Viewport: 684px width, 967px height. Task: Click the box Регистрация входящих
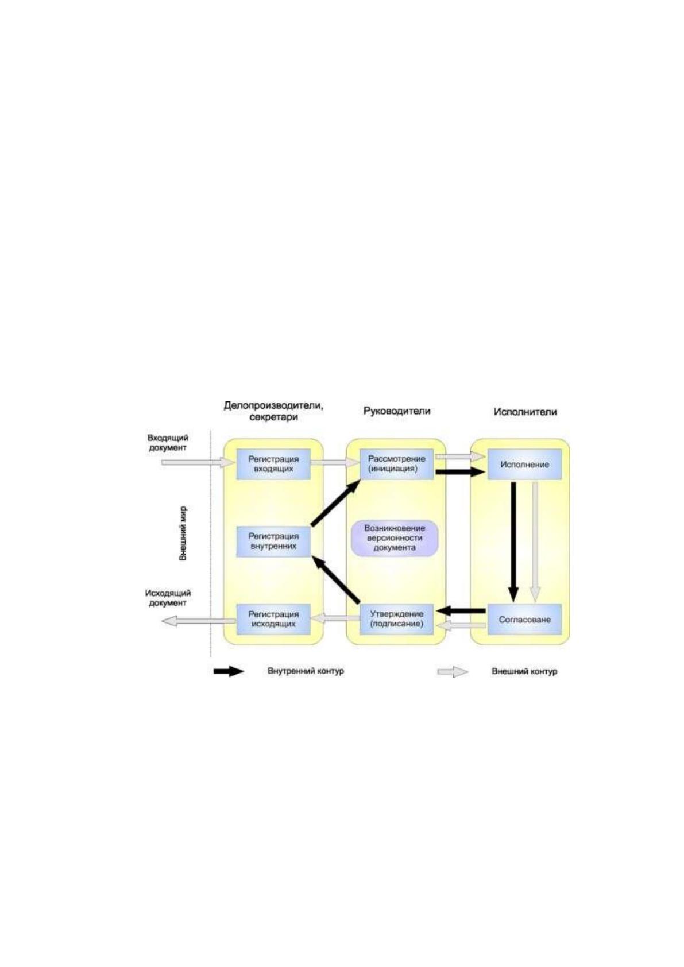(273, 464)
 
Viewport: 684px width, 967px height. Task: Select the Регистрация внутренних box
(273, 541)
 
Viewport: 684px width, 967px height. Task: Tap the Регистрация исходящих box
(273, 619)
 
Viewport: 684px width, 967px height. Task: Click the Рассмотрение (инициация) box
(397, 464)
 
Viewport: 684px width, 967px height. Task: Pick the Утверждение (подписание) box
(397, 619)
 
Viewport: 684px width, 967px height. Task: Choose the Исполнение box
(525, 464)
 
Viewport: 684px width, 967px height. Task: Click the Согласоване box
(525, 619)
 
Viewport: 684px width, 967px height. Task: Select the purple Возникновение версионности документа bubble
(395, 538)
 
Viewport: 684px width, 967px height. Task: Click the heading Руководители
(397, 411)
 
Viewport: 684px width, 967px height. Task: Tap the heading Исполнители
(525, 412)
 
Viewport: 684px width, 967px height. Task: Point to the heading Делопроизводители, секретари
(274, 411)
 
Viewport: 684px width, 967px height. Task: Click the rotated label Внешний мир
(183, 533)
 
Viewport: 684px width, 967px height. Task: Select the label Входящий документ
(168, 443)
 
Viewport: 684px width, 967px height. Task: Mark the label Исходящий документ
(168, 598)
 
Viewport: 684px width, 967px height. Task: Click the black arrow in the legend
(229, 671)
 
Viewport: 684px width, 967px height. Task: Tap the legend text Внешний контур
(524, 672)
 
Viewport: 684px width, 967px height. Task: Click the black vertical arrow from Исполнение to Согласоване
(513, 541)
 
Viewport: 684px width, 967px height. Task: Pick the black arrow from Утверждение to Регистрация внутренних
(336, 580)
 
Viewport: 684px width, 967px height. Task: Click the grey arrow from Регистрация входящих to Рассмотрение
(335, 462)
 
